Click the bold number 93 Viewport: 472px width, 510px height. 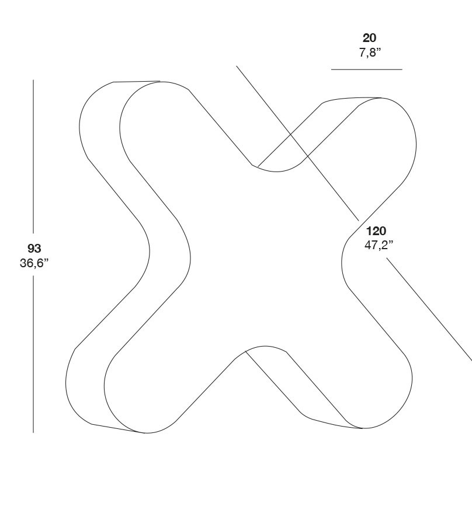tap(34, 249)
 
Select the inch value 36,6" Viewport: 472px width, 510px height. tap(34, 263)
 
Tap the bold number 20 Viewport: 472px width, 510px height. tap(369, 38)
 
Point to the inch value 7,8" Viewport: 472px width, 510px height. tap(370, 53)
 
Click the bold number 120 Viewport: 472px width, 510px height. tap(376, 231)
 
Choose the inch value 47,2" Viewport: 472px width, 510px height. tap(379, 245)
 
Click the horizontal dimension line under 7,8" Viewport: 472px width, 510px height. tap(366, 69)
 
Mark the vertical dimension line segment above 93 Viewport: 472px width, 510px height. tap(33, 156)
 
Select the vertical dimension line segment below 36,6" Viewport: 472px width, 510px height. tap(33, 354)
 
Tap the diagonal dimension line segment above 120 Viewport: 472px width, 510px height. tap(297, 144)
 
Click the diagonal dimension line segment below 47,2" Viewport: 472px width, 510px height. tap(429, 309)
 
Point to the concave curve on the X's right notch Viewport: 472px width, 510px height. tap(342, 262)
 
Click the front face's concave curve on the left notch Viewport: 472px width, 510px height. tap(190, 257)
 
